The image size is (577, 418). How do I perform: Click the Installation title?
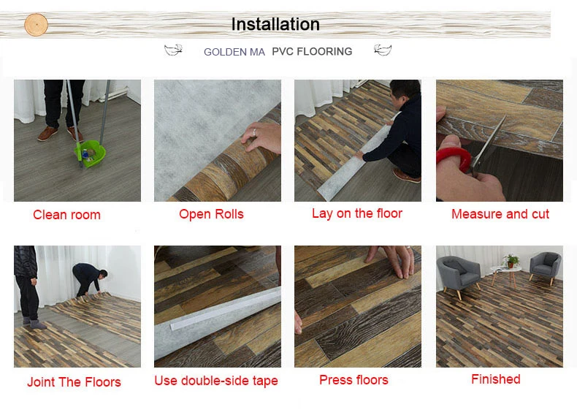click(275, 24)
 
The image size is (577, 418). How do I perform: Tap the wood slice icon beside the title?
click(36, 25)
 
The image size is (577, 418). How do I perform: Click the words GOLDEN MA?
click(234, 52)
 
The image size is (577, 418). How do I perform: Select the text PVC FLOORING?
click(312, 52)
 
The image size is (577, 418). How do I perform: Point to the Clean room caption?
click(66, 215)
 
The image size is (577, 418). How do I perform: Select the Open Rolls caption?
click(211, 214)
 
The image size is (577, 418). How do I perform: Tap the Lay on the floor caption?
click(356, 213)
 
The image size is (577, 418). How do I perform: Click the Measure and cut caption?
click(500, 214)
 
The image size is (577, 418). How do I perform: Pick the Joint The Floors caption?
click(74, 381)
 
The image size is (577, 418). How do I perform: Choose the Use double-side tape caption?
click(215, 381)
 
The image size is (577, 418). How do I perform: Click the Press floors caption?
click(354, 380)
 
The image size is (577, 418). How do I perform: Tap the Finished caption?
click(495, 379)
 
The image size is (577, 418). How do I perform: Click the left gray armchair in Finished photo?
click(457, 275)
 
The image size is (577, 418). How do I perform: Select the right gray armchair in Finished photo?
click(544, 267)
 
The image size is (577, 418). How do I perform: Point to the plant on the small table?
click(513, 259)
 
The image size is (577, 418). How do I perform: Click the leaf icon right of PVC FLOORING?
click(382, 50)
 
